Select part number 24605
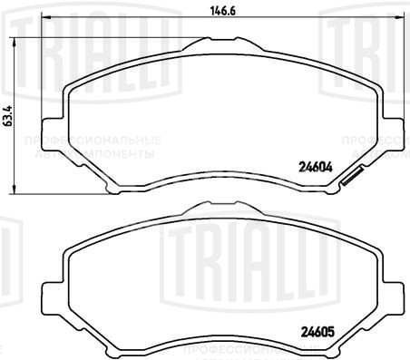[314, 330]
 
